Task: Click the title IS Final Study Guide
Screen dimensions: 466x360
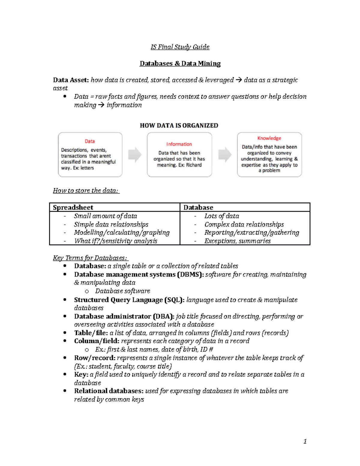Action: click(180, 47)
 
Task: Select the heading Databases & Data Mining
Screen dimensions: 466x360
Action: click(180, 63)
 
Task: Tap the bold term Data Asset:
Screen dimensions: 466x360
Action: click(71, 80)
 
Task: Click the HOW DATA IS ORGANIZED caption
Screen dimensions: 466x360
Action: click(179, 125)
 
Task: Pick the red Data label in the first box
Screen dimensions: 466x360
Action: click(90, 141)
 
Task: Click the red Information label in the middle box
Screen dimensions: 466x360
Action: click(179, 144)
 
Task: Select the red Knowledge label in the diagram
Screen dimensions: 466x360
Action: click(269, 138)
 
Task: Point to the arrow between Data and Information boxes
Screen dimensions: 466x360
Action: click(135, 155)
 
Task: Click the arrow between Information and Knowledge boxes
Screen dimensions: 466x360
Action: click(225, 155)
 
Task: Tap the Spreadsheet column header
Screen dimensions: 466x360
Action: click(73, 207)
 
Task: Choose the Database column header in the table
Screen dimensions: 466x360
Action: click(198, 207)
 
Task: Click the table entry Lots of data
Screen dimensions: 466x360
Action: click(222, 216)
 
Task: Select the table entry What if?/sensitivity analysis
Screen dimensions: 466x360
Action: click(115, 241)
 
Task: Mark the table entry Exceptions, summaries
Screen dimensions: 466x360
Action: click(237, 241)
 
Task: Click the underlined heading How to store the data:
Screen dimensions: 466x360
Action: click(86, 191)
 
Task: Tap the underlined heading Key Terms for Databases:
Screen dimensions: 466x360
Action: click(90, 258)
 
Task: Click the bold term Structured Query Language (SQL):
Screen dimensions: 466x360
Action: click(129, 300)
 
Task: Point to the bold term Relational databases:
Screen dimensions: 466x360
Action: click(109, 391)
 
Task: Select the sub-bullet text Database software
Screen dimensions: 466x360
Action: click(122, 291)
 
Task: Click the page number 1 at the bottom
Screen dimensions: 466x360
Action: click(305, 441)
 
